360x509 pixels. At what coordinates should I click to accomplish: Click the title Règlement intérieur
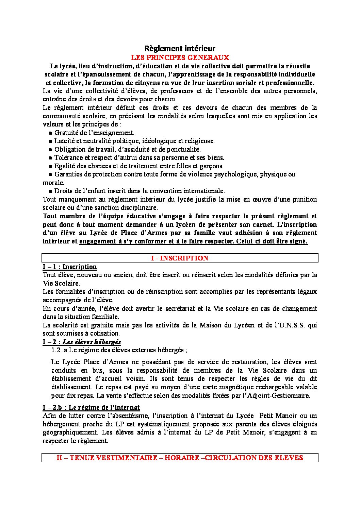[x=180, y=48]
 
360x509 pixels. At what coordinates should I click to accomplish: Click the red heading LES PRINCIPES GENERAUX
[x=180, y=57]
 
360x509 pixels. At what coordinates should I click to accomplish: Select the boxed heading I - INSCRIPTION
[x=180, y=258]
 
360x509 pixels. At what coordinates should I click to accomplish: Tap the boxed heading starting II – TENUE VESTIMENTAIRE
[x=180, y=458]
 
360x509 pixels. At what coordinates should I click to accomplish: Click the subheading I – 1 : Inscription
[x=70, y=267]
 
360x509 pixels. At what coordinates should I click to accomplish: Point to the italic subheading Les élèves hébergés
[x=92, y=342]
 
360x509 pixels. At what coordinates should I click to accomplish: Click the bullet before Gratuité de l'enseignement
[x=51, y=133]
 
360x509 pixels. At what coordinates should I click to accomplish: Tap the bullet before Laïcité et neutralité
[x=51, y=141]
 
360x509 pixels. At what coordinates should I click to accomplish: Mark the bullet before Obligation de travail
[x=51, y=150]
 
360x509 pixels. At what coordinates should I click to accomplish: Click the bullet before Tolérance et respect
[x=51, y=158]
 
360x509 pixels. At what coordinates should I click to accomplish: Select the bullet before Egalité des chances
[x=51, y=166]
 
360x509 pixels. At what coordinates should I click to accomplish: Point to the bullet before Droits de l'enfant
[x=51, y=191]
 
